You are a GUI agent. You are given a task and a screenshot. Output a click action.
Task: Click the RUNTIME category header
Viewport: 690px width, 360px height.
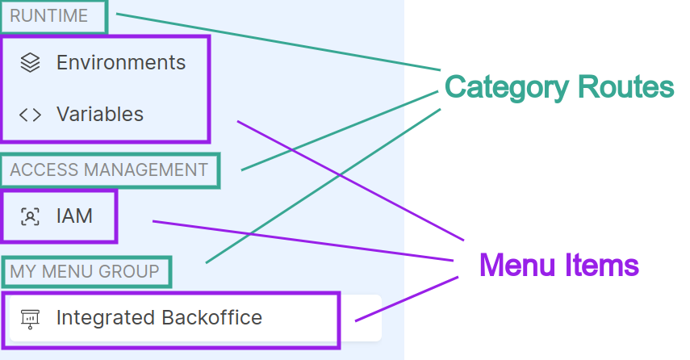pos(48,16)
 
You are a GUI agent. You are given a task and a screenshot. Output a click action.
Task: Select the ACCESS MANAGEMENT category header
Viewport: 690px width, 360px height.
pos(108,170)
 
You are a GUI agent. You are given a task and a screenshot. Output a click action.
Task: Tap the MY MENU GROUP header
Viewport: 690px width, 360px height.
pos(84,272)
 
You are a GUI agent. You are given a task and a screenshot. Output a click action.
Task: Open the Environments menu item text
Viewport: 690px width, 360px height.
pos(120,62)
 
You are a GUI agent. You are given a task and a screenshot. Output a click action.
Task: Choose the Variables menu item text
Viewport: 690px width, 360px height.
pos(99,115)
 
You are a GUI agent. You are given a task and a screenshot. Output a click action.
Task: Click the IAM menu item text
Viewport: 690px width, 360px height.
pos(74,216)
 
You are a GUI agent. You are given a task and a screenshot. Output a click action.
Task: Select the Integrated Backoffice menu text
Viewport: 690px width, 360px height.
pos(159,318)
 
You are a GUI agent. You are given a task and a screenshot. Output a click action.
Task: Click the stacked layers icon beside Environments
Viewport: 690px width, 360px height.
pos(30,62)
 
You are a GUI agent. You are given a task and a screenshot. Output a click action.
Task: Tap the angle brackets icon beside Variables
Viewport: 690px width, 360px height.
pos(30,115)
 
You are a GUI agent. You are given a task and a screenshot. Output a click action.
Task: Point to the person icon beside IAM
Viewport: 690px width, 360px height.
pos(30,216)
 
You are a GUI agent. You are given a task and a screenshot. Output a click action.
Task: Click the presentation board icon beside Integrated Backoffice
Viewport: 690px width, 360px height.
pos(30,318)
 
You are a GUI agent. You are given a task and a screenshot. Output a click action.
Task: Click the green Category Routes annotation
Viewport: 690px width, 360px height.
pos(558,87)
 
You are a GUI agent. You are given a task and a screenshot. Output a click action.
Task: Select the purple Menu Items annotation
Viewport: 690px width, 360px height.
pos(558,265)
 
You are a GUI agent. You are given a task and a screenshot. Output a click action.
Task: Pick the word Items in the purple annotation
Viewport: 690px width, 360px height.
pos(602,265)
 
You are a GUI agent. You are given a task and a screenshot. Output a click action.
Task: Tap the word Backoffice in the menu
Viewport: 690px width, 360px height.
pos(211,318)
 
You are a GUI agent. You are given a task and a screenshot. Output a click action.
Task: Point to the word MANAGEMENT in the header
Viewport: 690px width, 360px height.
pos(151,170)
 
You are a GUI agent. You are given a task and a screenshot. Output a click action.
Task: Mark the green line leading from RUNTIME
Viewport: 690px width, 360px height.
pos(274,40)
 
